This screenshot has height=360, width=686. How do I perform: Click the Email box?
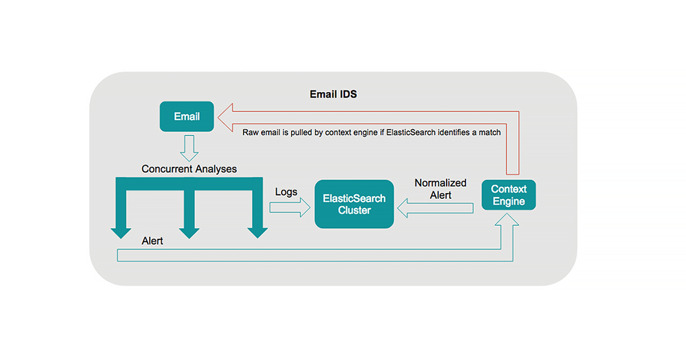pyautogui.click(x=187, y=117)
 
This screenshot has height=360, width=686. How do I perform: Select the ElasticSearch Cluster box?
pyautogui.click(x=354, y=205)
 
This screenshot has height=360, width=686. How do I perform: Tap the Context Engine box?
pyautogui.click(x=508, y=195)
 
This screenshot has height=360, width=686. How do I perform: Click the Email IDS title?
pyautogui.click(x=333, y=94)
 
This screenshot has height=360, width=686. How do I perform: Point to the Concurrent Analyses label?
pyautogui.click(x=189, y=169)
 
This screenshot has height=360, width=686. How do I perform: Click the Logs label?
pyautogui.click(x=286, y=192)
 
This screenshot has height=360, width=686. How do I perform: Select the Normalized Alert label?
pyautogui.click(x=440, y=189)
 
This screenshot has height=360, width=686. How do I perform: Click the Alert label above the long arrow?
pyautogui.click(x=152, y=241)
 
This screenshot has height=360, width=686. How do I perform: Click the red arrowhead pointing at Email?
pyautogui.click(x=228, y=117)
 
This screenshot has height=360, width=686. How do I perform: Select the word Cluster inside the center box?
pyautogui.click(x=354, y=210)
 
